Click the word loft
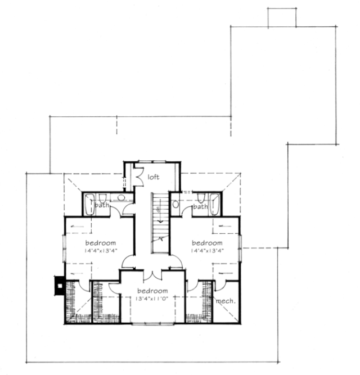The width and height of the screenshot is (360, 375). pyautogui.click(x=154, y=177)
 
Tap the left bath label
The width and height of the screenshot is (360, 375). pyautogui.click(x=102, y=205)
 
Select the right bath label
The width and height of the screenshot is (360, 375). pyautogui.click(x=200, y=206)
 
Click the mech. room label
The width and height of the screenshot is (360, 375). pyautogui.click(x=226, y=301)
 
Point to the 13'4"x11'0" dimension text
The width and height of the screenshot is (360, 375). pyautogui.click(x=152, y=299)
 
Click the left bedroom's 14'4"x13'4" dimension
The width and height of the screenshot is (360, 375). pyautogui.click(x=101, y=251)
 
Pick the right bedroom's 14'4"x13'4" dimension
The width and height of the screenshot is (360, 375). pyautogui.click(x=207, y=251)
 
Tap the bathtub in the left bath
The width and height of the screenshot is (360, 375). pyautogui.click(x=89, y=205)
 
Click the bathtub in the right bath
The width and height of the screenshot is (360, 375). pyautogui.click(x=214, y=205)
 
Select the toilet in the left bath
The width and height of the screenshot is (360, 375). pyautogui.click(x=102, y=198)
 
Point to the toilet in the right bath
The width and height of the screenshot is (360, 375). pyautogui.click(x=201, y=198)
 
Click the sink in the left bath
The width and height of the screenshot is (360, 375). pyautogui.click(x=121, y=197)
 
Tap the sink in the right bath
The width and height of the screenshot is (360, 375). pyautogui.click(x=176, y=204)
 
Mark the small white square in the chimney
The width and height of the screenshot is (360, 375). pyautogui.click(x=60, y=286)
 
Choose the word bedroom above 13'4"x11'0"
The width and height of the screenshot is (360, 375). pyautogui.click(x=152, y=291)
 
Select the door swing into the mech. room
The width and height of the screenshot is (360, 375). pyautogui.click(x=220, y=286)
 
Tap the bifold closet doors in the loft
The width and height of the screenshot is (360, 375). pyautogui.click(x=139, y=177)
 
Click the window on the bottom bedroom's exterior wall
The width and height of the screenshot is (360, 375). pyautogui.click(x=152, y=324)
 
